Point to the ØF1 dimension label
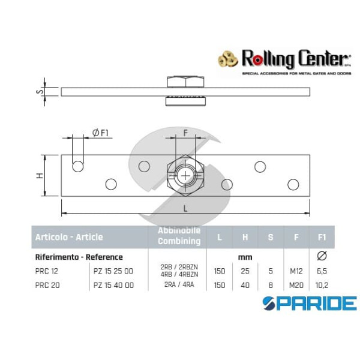click(x=100, y=133)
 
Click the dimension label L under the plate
click(x=185, y=208)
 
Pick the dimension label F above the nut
click(x=186, y=134)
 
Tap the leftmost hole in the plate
click(x=78, y=166)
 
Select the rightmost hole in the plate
click(x=293, y=184)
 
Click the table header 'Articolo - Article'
click(x=68, y=237)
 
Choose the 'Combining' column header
click(x=179, y=241)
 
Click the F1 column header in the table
click(x=322, y=237)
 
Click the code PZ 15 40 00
click(x=113, y=285)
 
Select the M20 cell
click(x=296, y=285)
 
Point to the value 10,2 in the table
click(x=322, y=285)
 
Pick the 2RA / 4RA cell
click(x=179, y=285)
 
